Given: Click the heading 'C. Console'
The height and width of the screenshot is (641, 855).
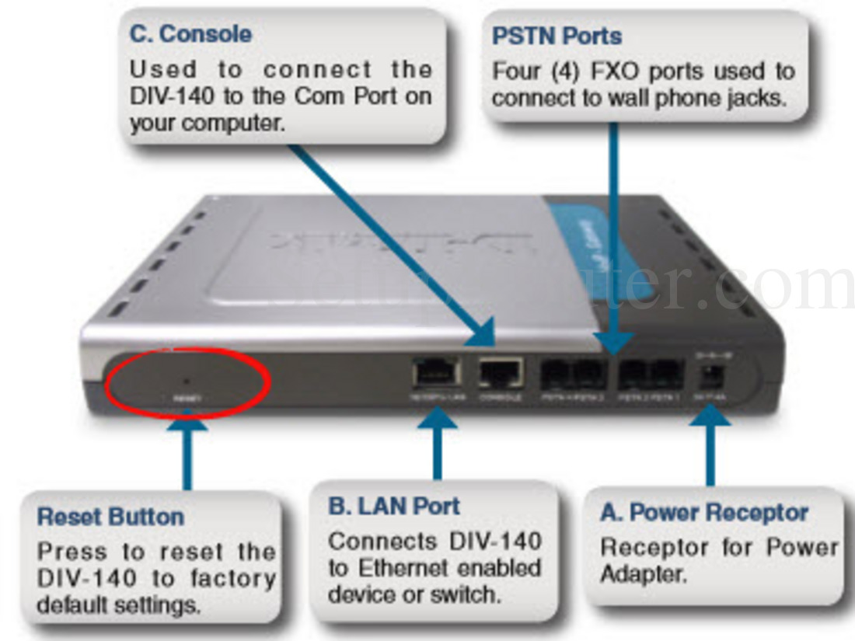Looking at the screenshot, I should pyautogui.click(x=190, y=34).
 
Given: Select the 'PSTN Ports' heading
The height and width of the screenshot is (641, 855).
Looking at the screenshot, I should pyautogui.click(x=557, y=36).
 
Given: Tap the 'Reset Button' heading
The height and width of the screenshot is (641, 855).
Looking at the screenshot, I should pyautogui.click(x=110, y=517).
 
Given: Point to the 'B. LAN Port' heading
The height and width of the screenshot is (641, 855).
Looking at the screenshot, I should pyautogui.click(x=394, y=506).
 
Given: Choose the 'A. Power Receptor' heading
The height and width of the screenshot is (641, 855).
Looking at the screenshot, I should pyautogui.click(x=704, y=513).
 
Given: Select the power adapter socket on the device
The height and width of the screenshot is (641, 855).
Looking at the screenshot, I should pyautogui.click(x=709, y=378).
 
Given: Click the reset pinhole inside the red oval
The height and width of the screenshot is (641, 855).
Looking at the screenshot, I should pyautogui.click(x=186, y=381).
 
